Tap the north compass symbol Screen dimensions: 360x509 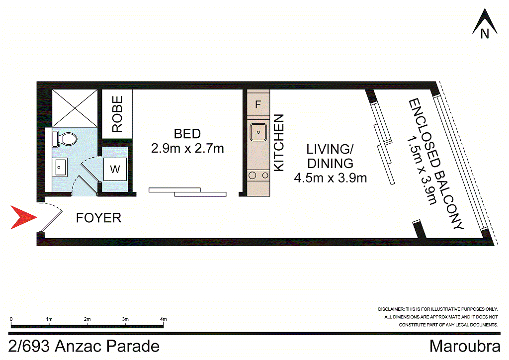click(x=485, y=25)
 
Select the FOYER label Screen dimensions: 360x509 click(x=98, y=218)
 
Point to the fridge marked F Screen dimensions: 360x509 click(x=257, y=105)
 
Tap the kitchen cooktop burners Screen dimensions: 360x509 click(x=258, y=175)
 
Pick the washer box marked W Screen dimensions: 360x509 click(x=115, y=170)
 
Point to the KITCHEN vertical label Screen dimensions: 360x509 click(x=279, y=143)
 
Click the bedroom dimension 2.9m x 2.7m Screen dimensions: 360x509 click(x=187, y=148)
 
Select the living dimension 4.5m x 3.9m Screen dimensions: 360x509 click(x=331, y=178)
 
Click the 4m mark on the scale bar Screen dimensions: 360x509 click(x=164, y=319)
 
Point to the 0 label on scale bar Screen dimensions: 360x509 click(x=11, y=319)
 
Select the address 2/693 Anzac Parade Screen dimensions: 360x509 click(x=85, y=346)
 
